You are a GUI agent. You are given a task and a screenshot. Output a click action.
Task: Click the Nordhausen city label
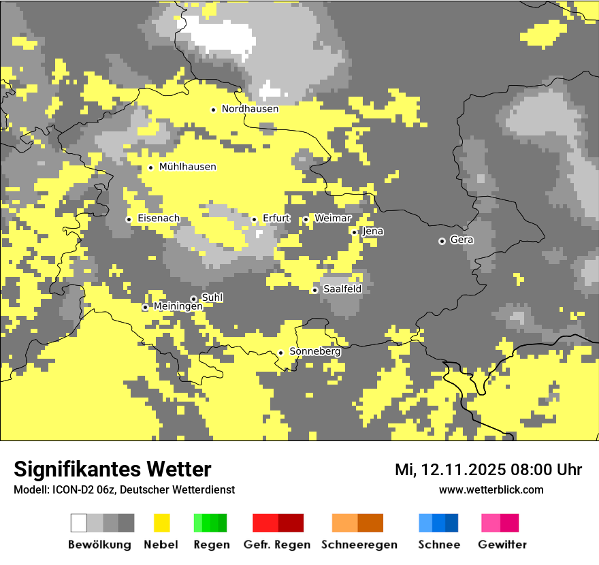coord(250,109)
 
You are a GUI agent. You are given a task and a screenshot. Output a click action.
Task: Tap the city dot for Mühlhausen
coord(150,167)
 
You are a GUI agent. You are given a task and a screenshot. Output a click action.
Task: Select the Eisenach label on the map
coord(159,219)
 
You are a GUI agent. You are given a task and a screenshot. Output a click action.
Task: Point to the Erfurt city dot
coord(254,219)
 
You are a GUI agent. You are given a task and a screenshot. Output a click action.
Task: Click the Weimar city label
coord(333,219)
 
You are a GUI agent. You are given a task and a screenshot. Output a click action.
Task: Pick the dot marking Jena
coord(354,232)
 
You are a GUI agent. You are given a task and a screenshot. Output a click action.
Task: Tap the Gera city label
coord(462,240)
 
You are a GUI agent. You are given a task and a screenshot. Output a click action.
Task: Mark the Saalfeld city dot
coord(314,290)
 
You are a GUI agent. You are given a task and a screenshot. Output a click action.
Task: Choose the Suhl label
coord(212,297)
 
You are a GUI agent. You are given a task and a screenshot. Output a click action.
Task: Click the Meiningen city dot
coord(145,308)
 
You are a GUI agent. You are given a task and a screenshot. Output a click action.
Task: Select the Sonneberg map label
coord(315,351)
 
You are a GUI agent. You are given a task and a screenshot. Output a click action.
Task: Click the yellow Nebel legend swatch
coord(161,523)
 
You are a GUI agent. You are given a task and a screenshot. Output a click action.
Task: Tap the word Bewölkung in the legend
coord(99,545)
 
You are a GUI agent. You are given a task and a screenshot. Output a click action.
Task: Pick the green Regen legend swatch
coord(210,523)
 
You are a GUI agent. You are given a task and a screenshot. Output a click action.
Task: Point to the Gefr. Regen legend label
coord(277,545)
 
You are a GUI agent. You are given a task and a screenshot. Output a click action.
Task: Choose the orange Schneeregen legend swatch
coord(357,523)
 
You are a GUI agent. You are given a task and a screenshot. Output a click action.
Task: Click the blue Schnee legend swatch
coord(438,523)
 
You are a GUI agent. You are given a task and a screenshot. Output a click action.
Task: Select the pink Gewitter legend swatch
coord(500,523)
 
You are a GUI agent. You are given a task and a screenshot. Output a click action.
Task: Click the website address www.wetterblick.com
coord(491,489)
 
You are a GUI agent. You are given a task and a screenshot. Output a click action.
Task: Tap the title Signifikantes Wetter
coord(112,469)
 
